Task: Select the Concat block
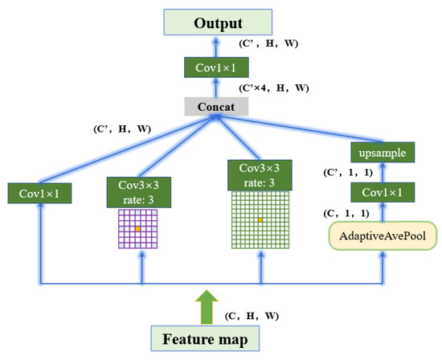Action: pyautogui.click(x=215, y=104)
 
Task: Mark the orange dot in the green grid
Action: pyautogui.click(x=259, y=219)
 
